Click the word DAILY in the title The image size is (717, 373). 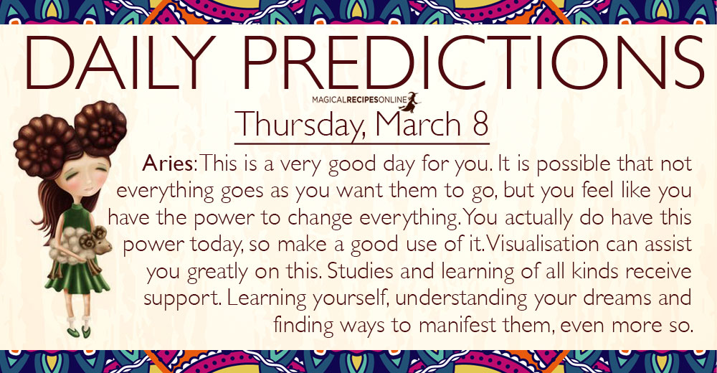click(119, 62)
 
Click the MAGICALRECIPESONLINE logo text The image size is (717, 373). click(354, 99)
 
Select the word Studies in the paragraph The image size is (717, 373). click(361, 271)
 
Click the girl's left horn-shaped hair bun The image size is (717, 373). click(44, 145)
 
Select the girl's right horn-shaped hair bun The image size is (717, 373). click(100, 128)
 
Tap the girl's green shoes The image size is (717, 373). click(79, 331)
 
